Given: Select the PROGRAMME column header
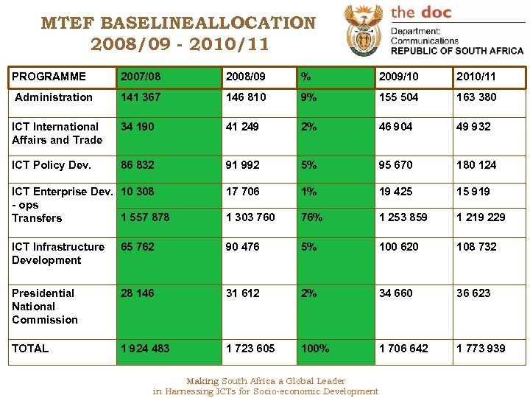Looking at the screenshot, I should click(49, 77).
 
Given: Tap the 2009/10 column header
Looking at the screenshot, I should click(399, 77).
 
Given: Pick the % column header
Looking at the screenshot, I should click(305, 77).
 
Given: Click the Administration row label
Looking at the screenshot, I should click(54, 97).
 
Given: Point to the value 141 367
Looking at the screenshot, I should click(141, 97).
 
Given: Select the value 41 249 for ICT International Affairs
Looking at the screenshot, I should click(242, 127).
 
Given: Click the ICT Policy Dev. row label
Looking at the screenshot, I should click(52, 165).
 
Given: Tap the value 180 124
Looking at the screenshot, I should click(476, 165).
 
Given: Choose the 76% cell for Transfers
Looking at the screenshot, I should click(310, 217).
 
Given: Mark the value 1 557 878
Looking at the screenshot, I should click(145, 217).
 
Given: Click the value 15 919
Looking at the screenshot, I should click(473, 192).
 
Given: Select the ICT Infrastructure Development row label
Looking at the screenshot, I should click(58, 254).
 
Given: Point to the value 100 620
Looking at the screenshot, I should click(398, 247).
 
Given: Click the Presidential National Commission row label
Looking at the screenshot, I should click(44, 307).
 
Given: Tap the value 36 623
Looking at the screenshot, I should click(473, 293).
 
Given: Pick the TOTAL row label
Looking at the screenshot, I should click(30, 349).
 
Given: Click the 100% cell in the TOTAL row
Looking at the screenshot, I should click(314, 349).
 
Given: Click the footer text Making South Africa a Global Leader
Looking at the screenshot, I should click(266, 381).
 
